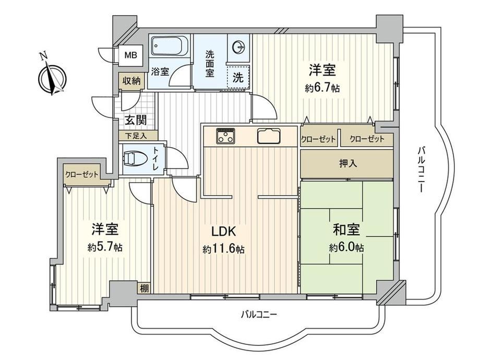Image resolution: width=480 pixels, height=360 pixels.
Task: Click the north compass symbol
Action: click(x=52, y=77)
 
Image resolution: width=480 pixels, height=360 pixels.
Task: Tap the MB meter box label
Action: click(x=130, y=56)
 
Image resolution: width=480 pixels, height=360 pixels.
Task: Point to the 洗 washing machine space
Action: click(x=238, y=77)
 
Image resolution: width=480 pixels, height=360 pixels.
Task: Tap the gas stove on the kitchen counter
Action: click(x=226, y=136)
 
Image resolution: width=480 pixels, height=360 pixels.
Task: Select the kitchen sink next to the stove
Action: click(x=269, y=136)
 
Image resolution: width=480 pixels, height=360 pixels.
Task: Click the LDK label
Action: click(x=224, y=232)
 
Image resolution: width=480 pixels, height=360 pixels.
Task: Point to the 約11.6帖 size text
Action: click(x=224, y=249)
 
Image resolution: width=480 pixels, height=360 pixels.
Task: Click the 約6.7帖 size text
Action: click(x=322, y=89)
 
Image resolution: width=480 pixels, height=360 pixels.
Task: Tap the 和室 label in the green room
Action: click(x=346, y=230)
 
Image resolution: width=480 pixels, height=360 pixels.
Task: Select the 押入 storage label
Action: click(x=348, y=164)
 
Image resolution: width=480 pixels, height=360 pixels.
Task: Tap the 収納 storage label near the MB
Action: click(x=131, y=81)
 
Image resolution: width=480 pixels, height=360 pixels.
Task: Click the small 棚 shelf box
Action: click(x=144, y=288)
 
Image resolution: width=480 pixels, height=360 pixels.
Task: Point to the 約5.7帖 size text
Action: click(x=105, y=247)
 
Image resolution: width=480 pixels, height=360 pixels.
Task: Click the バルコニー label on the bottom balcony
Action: click(x=259, y=314)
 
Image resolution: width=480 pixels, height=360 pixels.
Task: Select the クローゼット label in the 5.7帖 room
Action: click(x=82, y=174)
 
